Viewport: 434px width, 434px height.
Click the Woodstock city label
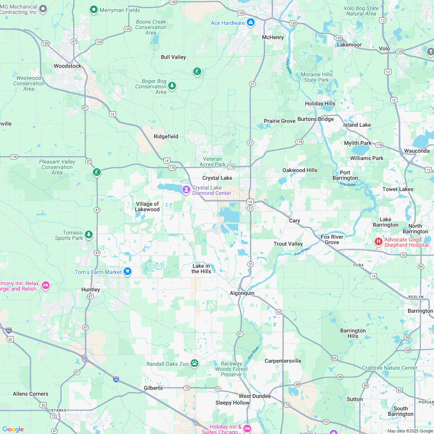click(67, 66)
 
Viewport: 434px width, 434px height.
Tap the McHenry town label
click(273, 37)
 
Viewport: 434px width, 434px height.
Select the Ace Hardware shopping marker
click(250, 22)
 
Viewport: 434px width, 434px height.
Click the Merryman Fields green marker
click(93, 10)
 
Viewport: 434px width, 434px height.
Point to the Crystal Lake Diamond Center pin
click(186, 190)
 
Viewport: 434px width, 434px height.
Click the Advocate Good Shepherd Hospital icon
click(378, 242)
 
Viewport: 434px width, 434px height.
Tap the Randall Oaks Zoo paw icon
click(195, 363)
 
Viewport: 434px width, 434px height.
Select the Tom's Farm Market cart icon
click(127, 272)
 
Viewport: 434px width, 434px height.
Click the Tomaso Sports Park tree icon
click(89, 234)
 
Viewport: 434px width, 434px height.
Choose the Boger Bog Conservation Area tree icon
click(172, 86)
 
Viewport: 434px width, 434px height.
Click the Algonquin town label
click(242, 293)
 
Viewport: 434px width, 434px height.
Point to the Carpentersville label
click(283, 361)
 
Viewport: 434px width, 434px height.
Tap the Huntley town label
click(91, 289)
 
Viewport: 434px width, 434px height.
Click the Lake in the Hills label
click(201, 269)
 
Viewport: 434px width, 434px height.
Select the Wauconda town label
click(417, 151)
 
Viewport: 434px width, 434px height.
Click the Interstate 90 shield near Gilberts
click(116, 379)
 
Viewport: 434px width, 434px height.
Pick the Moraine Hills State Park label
click(316, 77)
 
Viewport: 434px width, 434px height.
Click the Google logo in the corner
click(13, 429)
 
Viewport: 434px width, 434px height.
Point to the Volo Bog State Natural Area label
click(361, 11)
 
